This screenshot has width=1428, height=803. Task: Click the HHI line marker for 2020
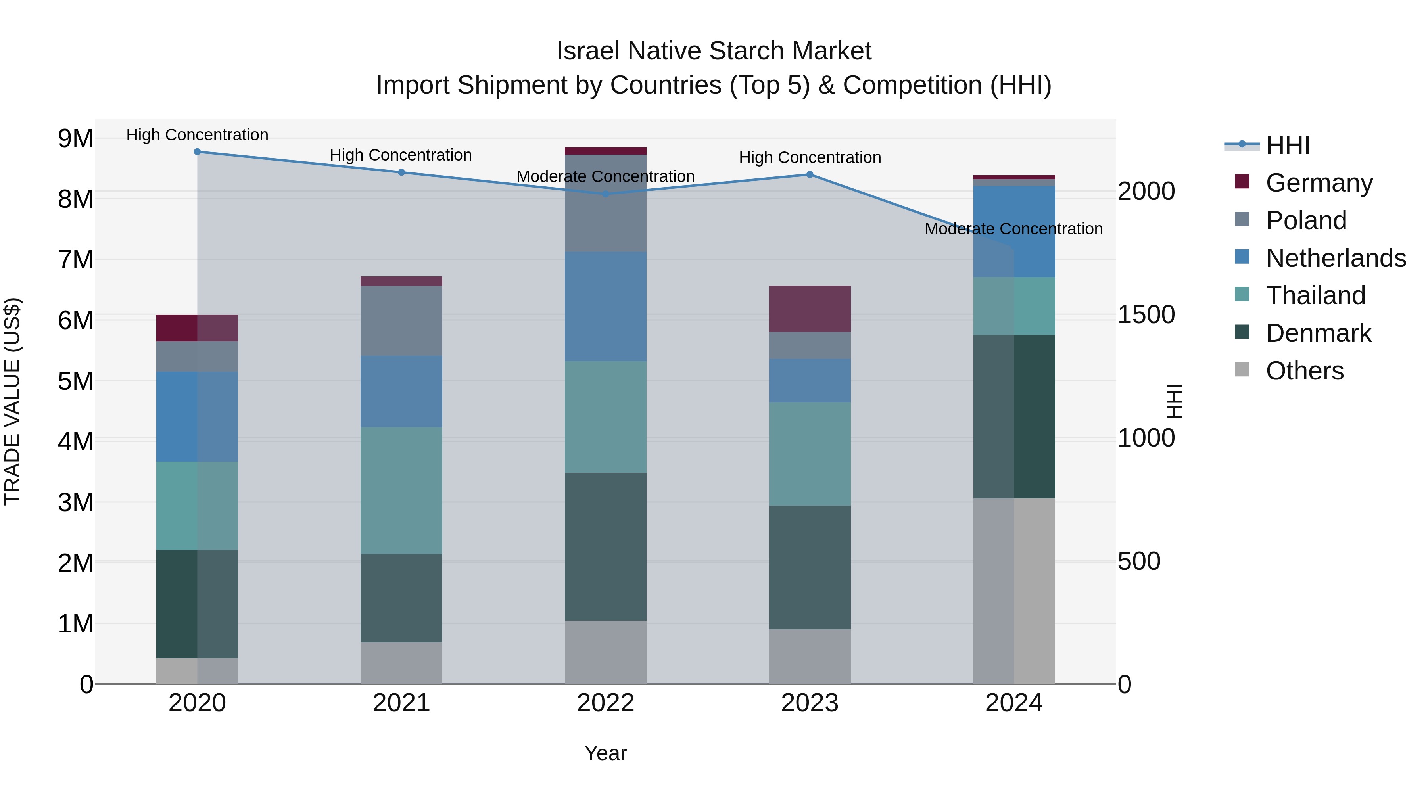pyautogui.click(x=198, y=152)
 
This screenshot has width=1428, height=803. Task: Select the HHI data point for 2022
pyautogui.click(x=605, y=194)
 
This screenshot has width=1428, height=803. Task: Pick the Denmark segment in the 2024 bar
pyautogui.click(x=1014, y=417)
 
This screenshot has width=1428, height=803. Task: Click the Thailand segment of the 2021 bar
pyautogui.click(x=401, y=491)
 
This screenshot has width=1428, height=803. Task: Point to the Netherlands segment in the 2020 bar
pyautogui.click(x=198, y=417)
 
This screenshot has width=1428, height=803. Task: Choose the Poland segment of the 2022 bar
pyautogui.click(x=605, y=203)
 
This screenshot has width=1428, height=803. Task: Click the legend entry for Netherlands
pyautogui.click(x=1336, y=258)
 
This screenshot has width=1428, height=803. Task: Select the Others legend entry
pyautogui.click(x=1304, y=371)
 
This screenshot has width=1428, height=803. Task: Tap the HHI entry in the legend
pyautogui.click(x=1287, y=145)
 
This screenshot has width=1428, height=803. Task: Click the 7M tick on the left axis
pyautogui.click(x=75, y=260)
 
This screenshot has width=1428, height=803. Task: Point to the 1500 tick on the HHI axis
pyautogui.click(x=1146, y=315)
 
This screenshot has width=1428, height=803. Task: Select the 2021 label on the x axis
pyautogui.click(x=401, y=703)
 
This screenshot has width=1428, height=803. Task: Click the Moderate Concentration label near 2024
pyautogui.click(x=1013, y=229)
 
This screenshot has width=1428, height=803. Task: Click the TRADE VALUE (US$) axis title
pyautogui.click(x=12, y=401)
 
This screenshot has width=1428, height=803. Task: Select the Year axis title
pyautogui.click(x=605, y=753)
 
